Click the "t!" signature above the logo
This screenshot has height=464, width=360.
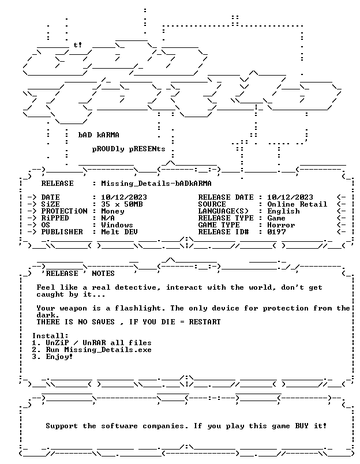tap(78, 45)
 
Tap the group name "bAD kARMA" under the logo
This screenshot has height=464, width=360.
tap(99, 135)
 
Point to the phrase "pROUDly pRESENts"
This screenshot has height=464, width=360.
tap(129, 149)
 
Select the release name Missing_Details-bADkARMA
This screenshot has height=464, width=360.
tap(156, 184)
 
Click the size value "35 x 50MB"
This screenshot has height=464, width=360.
tap(122, 204)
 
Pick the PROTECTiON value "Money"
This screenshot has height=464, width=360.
tap(112, 212)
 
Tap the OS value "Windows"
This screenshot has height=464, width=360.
tap(117, 225)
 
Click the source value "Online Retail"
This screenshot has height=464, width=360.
tap(297, 204)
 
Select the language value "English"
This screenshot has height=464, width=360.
tap(283, 211)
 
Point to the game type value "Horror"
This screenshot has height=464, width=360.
tap(281, 225)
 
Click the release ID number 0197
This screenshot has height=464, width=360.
tap(276, 232)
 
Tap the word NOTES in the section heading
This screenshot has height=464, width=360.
tap(103, 274)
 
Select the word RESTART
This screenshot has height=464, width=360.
tap(205, 322)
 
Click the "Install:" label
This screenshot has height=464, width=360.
tap(50, 336)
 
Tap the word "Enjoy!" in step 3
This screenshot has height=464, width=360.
tap(59, 357)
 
